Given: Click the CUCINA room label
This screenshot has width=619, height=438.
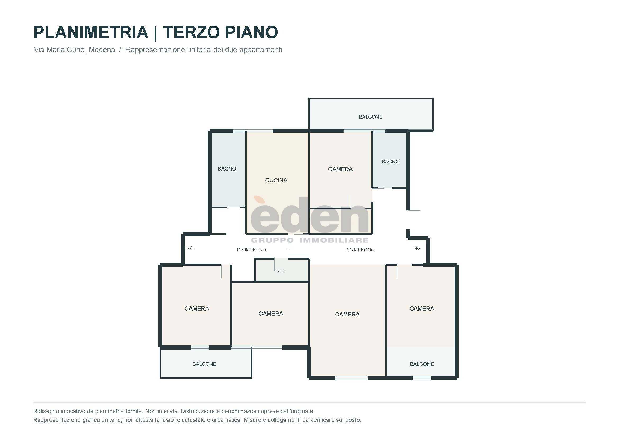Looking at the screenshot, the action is point(276,180).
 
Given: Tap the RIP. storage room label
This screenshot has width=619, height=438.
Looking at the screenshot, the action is point(281,271).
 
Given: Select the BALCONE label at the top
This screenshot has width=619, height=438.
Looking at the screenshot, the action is point(371,117).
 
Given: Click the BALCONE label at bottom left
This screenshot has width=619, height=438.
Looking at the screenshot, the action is point(204,364).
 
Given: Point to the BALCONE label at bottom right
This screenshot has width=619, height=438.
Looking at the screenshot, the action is point(422,364).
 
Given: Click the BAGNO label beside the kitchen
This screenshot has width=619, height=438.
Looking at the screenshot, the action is point(227,169).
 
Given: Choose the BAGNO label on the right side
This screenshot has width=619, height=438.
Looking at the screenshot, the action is point(390,162).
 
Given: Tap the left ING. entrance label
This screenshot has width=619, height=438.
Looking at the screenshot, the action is point(189,248).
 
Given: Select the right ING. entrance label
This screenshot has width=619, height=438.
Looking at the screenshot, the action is point(417,248).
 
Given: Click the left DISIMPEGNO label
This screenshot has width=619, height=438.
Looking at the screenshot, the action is point(251,250).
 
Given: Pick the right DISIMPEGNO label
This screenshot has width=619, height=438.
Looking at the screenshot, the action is point(360,250).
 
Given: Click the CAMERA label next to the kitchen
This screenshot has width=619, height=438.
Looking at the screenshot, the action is point(340,169).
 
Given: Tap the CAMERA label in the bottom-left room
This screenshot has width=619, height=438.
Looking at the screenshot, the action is point(197,309).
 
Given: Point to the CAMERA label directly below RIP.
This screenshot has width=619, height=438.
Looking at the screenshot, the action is point(271,314).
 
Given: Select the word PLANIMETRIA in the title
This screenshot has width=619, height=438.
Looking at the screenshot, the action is point(91,32).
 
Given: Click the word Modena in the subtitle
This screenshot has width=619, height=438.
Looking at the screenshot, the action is point(102,50).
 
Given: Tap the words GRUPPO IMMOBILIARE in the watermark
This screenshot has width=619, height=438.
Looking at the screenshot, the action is point(310,240).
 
